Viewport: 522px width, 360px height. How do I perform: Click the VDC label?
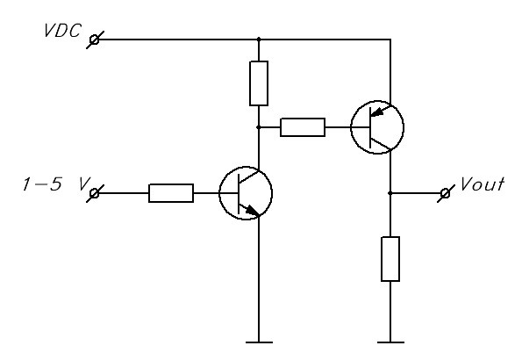[x=62, y=31]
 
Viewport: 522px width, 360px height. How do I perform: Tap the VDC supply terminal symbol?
[x=95, y=40]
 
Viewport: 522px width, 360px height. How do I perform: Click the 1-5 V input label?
[x=56, y=184]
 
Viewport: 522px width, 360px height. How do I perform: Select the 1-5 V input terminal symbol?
[x=95, y=193]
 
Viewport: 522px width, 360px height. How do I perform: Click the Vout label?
[x=482, y=184]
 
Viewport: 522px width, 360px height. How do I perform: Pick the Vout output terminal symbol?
[x=446, y=193]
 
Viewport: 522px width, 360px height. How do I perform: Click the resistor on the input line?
[x=171, y=193]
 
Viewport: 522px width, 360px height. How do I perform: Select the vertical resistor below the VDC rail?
[x=259, y=83]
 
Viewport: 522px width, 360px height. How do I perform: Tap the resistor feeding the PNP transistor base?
[x=303, y=127]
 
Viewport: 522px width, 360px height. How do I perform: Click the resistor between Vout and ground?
[x=390, y=259]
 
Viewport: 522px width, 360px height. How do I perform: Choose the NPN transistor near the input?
[x=246, y=193]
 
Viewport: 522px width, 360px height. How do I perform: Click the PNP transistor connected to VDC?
[x=377, y=127]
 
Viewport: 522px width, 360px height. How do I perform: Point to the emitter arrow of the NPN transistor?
[x=252, y=211]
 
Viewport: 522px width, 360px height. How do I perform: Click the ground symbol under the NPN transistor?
[x=259, y=342]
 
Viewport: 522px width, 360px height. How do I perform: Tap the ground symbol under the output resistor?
[x=390, y=342]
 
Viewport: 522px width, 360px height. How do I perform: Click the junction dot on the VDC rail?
[x=259, y=40]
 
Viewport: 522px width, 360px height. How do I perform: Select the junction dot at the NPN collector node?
[x=259, y=127]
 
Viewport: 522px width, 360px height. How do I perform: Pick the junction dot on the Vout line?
[x=390, y=193]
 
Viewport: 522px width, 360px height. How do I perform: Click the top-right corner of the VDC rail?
[x=390, y=40]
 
